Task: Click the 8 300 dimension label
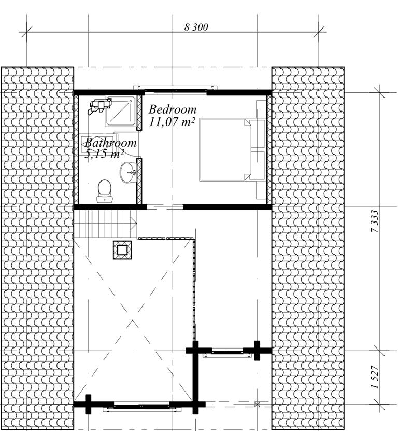pyautogui.click(x=196, y=27)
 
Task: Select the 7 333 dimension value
pyautogui.click(x=375, y=221)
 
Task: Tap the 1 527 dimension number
pyautogui.click(x=375, y=377)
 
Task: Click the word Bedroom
pyautogui.click(x=173, y=109)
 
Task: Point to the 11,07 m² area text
pyautogui.click(x=172, y=121)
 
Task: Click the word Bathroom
pyautogui.click(x=110, y=143)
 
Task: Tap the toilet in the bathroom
pyautogui.click(x=104, y=191)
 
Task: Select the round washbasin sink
pyautogui.click(x=127, y=172)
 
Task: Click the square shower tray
pyautogui.click(x=121, y=112)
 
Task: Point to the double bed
pyautogui.click(x=232, y=150)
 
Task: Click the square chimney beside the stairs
pyautogui.click(x=122, y=250)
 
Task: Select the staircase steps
pyautogui.click(x=106, y=224)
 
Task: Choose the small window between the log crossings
pyautogui.click(x=227, y=353)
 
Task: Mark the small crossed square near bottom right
pyautogui.click(x=257, y=404)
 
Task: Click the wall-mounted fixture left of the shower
pyautogui.click(x=100, y=106)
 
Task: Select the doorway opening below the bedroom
pyautogui.click(x=165, y=207)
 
